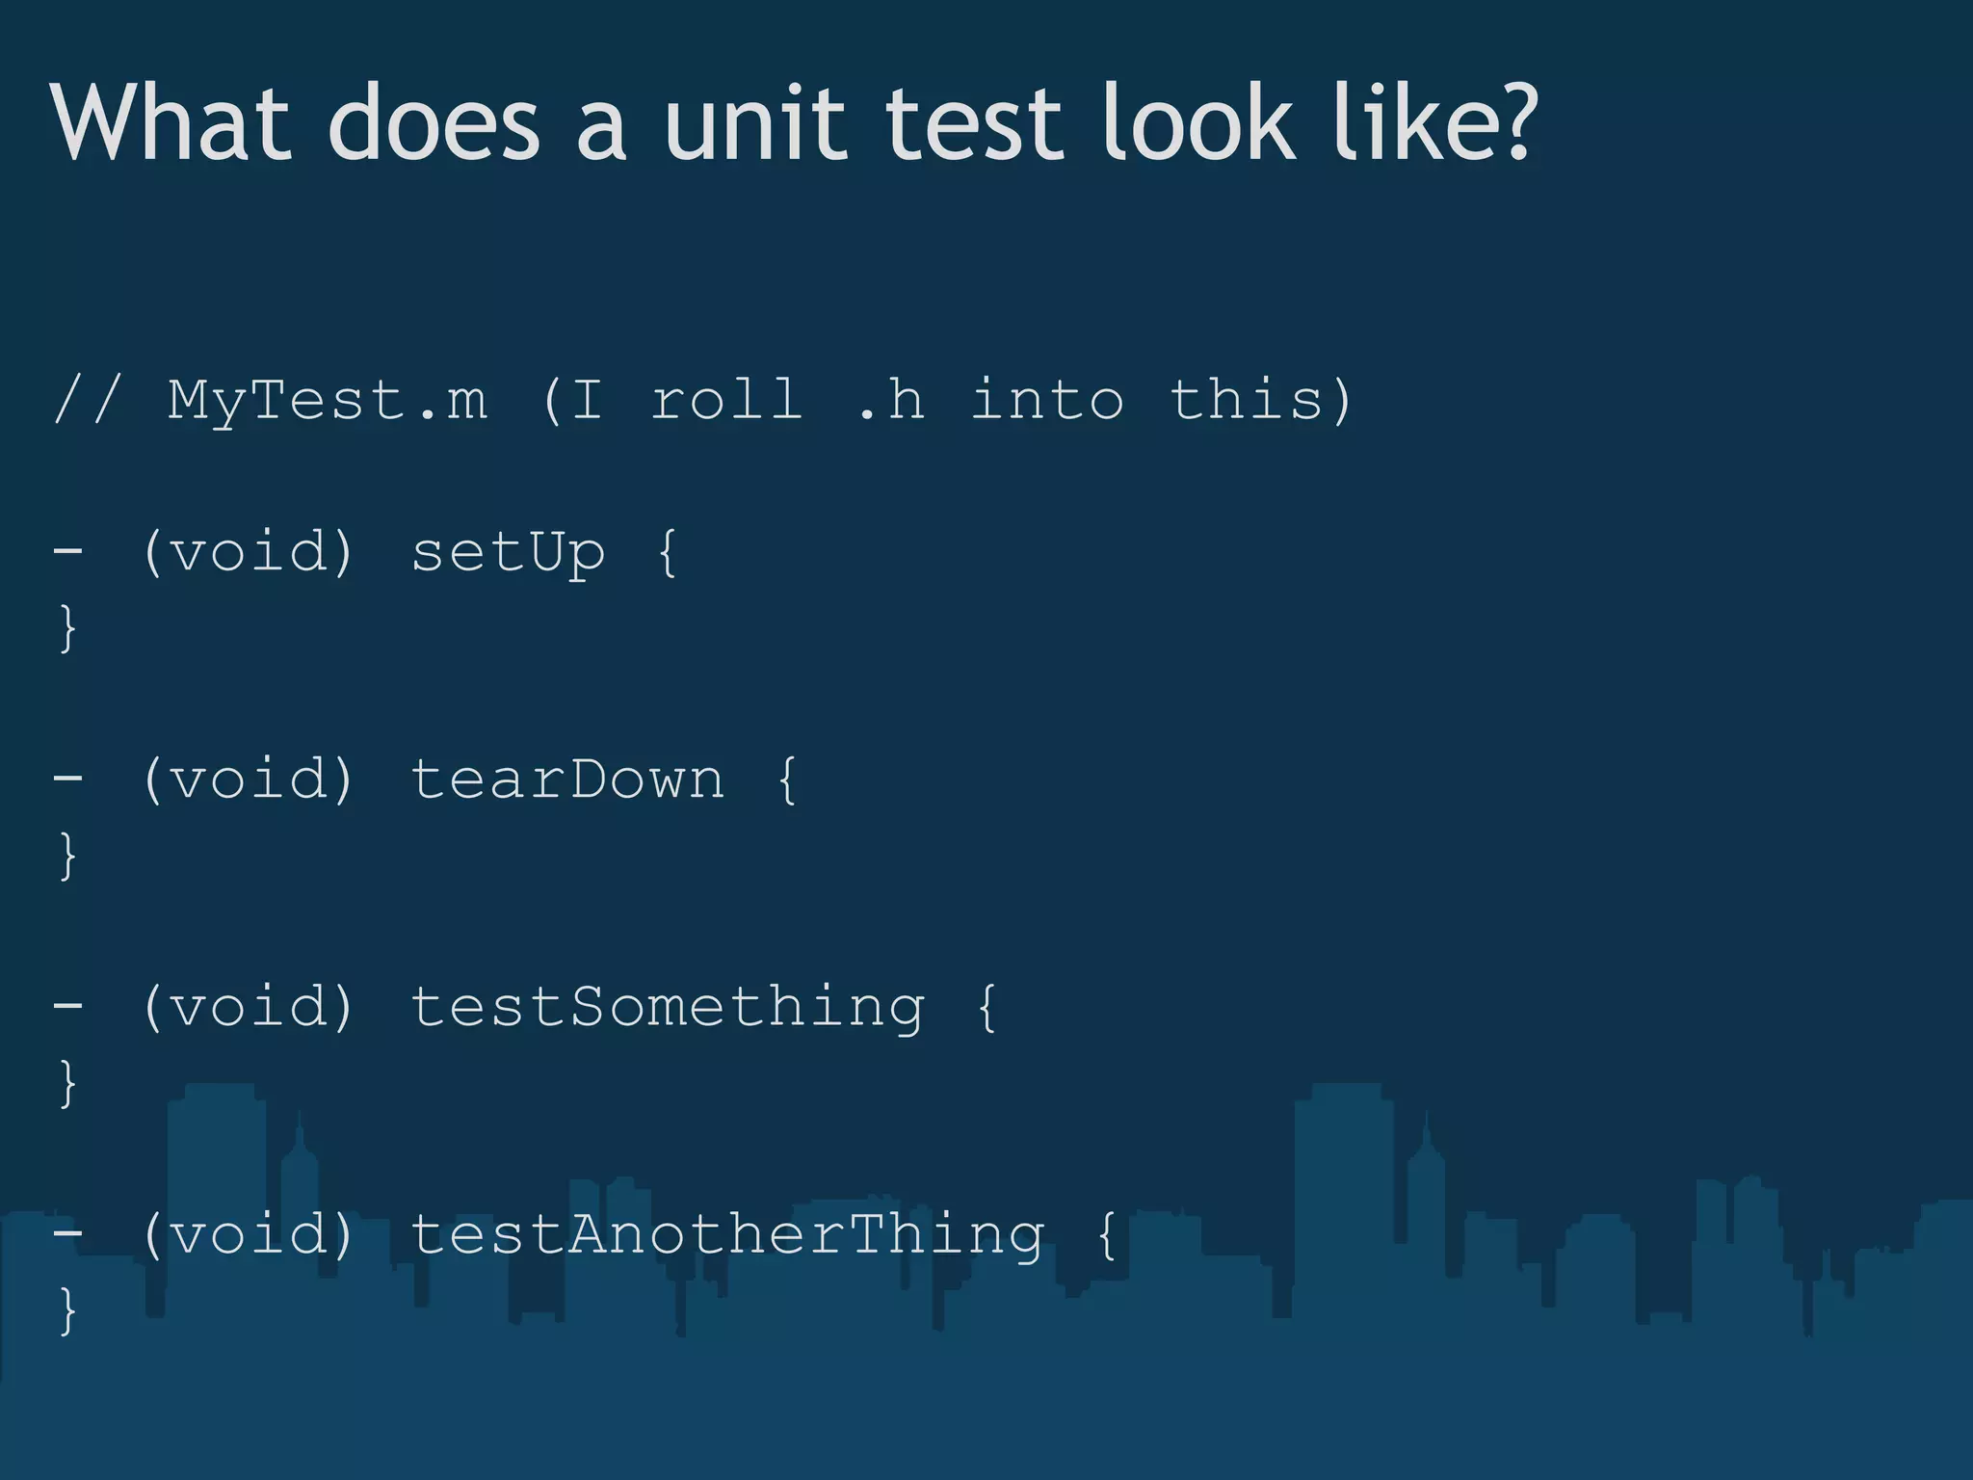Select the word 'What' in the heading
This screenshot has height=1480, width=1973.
click(170, 124)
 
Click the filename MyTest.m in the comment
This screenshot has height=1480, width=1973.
click(328, 400)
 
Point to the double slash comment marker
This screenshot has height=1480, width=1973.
click(88, 400)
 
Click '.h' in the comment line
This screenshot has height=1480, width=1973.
click(891, 400)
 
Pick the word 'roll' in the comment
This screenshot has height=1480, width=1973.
click(727, 400)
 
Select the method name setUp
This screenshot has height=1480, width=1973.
click(509, 553)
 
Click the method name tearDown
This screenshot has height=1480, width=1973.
click(567, 780)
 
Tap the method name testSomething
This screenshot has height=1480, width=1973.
click(668, 1008)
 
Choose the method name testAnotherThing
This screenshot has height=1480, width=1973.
click(727, 1234)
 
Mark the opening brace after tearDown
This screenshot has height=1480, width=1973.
click(787, 780)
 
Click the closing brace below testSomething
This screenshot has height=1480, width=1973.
click(67, 1083)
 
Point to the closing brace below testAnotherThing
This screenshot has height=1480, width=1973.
click(67, 1310)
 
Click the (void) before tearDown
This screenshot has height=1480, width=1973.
click(249, 780)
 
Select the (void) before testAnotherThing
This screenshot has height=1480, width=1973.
click(249, 1234)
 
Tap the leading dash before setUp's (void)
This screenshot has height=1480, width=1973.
click(67, 553)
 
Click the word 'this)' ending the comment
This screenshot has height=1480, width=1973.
click(1261, 400)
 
